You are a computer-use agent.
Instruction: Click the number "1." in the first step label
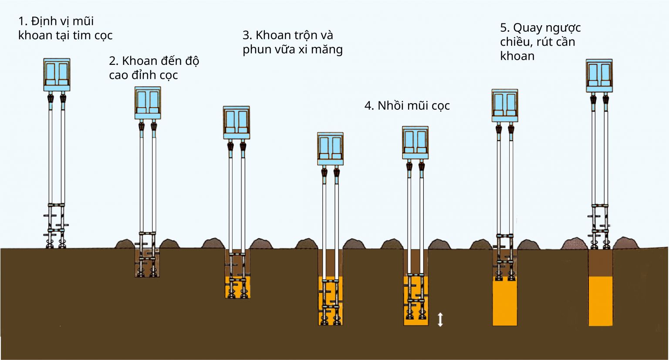point(23,21)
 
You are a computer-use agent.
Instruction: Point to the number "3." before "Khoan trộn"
point(247,35)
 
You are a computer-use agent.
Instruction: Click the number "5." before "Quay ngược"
point(505,28)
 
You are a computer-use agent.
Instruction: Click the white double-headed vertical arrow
point(440,320)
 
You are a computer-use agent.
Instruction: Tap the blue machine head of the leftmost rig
point(57,74)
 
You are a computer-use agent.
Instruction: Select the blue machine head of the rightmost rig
point(599,75)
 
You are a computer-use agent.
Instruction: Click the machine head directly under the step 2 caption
point(148,103)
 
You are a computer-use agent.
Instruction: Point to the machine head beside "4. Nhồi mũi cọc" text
point(415,142)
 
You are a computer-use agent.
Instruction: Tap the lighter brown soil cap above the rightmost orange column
point(601,263)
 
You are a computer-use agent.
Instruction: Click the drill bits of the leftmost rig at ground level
point(56,242)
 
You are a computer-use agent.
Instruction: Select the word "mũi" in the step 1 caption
point(83,21)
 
